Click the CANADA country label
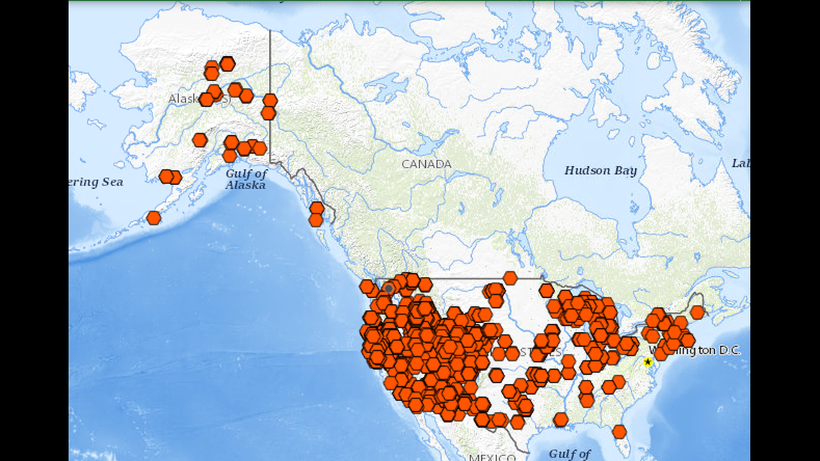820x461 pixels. pos(427,164)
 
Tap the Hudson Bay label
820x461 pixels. pos(600,170)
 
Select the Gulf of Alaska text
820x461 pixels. pos(246,179)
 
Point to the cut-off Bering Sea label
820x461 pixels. pos(96,182)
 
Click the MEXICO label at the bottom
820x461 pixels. pos(492,457)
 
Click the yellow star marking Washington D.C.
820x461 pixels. pos(647,362)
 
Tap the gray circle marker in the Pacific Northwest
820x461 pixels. pos(389,288)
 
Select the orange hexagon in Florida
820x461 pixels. pos(619,432)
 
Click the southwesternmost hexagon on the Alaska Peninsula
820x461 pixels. pos(153,217)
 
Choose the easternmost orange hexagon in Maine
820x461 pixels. pos(697,312)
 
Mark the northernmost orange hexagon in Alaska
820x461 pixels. pos(227,63)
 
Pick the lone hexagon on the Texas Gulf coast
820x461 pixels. pos(560,419)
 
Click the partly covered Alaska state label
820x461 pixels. pos(184,99)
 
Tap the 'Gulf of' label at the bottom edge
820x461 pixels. pos(570,453)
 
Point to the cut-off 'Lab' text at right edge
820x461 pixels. pos(741,163)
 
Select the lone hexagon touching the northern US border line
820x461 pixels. pos(510,278)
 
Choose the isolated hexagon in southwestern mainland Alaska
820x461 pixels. pos(200,140)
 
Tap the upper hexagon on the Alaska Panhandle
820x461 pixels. pos(316,208)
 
